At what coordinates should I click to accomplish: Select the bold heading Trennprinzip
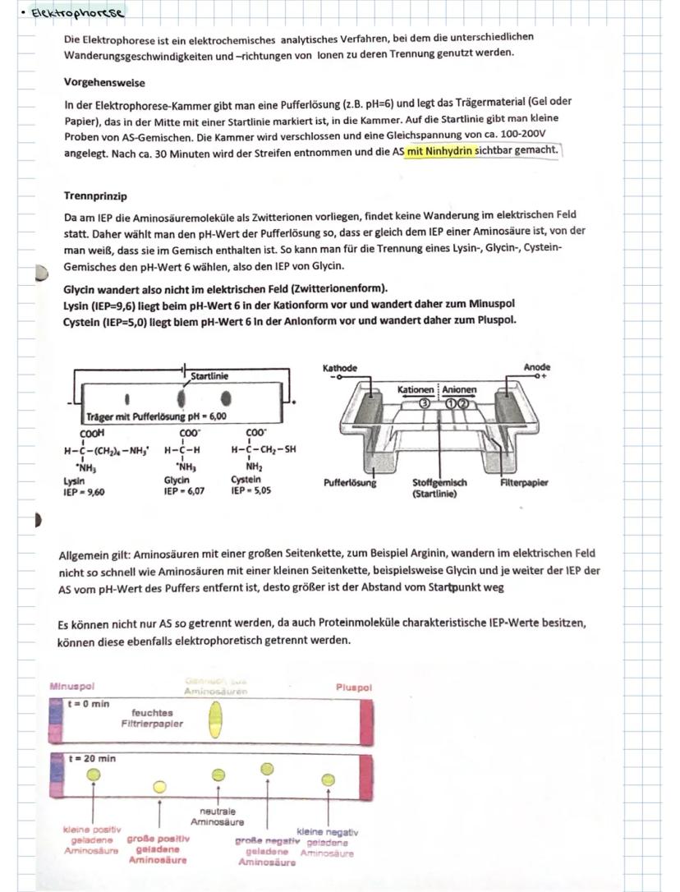[x=95, y=196]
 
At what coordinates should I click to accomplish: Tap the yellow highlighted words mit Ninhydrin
[x=441, y=150]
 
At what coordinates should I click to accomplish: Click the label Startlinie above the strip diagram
[x=209, y=376]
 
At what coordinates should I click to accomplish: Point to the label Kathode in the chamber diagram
[x=340, y=368]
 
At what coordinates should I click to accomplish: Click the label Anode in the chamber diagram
[x=537, y=367]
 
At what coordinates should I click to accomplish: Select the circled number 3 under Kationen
[x=425, y=402]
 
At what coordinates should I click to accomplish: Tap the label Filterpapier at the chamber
[x=524, y=483]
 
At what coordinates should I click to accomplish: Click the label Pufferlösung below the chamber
[x=350, y=483]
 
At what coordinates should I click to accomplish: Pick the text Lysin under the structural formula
[x=75, y=480]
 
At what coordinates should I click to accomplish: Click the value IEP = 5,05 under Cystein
[x=251, y=490]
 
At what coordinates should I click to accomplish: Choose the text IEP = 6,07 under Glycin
[x=185, y=490]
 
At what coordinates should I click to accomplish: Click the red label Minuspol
[x=73, y=686]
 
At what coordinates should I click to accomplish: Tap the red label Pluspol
[x=354, y=687]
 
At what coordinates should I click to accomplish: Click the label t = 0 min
[x=89, y=704]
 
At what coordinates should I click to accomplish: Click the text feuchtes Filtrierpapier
[x=152, y=718]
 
